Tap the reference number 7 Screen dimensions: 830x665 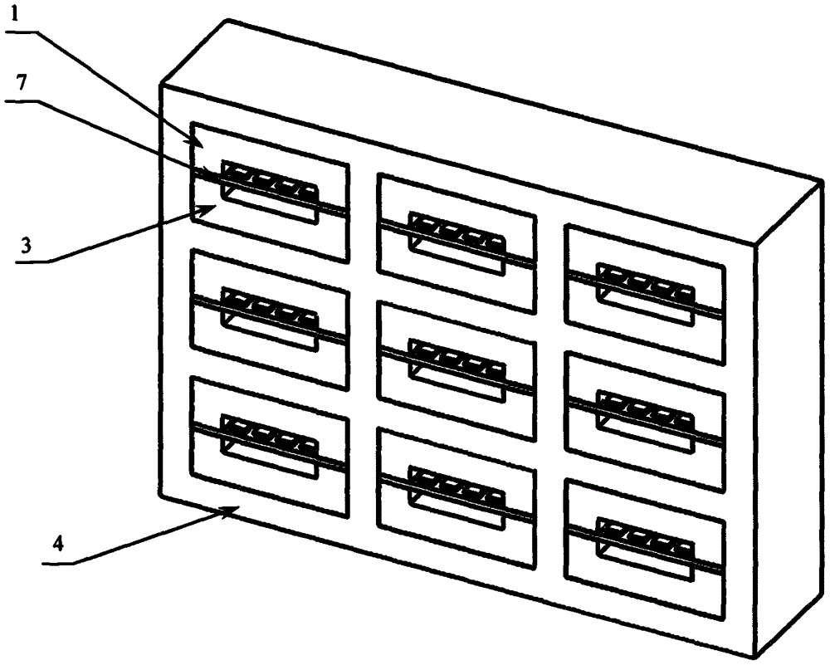click(x=22, y=83)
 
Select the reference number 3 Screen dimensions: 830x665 click(x=26, y=246)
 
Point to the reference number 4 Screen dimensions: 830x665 click(x=59, y=545)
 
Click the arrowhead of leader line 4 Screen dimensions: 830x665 click(x=233, y=509)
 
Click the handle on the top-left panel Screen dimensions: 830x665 click(x=270, y=191)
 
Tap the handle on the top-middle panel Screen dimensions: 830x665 click(x=456, y=243)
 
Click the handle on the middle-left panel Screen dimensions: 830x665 click(x=270, y=318)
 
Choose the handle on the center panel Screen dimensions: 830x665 click(x=456, y=370)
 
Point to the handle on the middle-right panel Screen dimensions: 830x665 click(x=645, y=421)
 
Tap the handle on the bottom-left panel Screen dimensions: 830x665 click(x=270, y=447)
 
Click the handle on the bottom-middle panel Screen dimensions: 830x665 click(x=456, y=497)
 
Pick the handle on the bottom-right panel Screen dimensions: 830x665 click(x=645, y=548)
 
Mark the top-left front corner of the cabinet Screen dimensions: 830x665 click(x=161, y=85)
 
